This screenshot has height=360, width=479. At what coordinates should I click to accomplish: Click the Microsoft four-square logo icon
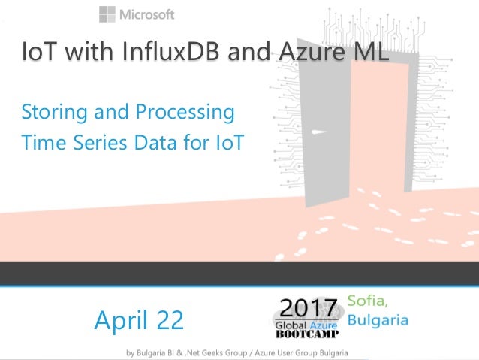108,14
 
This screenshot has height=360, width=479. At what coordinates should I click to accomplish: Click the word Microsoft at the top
148,14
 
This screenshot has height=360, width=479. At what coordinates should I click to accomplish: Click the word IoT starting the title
42,55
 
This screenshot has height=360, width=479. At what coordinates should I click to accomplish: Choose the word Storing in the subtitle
53,113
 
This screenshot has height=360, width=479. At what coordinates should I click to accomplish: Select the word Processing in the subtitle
185,113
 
